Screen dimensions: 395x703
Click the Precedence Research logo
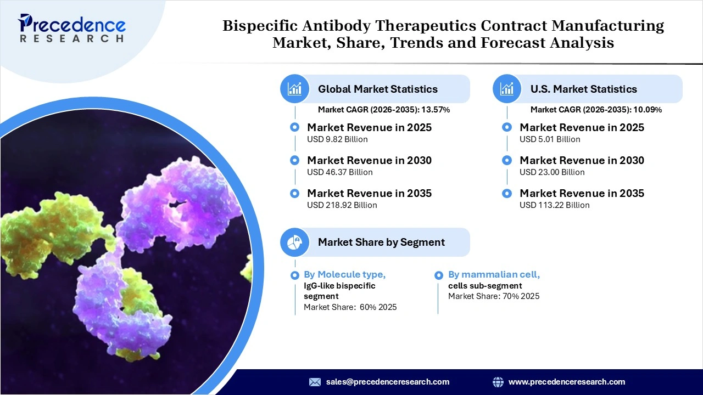(72, 28)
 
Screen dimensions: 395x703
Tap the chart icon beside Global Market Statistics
(295, 89)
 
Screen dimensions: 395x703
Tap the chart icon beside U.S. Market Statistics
(507, 89)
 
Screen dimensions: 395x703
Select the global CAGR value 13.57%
(436, 110)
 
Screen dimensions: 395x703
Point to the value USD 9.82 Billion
(337, 139)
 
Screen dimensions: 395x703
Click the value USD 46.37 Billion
(339, 172)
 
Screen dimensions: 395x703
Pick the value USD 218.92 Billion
(342, 205)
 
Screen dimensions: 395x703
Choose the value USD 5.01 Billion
(550, 139)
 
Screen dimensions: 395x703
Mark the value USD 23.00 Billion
(552, 172)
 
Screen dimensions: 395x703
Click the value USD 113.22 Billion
(554, 205)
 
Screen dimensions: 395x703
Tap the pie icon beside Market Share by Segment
(295, 242)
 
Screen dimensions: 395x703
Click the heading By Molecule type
(344, 274)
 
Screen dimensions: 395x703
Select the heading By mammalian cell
(494, 274)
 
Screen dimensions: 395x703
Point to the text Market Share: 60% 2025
(350, 307)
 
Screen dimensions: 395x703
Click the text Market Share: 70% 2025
(494, 296)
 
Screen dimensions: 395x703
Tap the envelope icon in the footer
(315, 382)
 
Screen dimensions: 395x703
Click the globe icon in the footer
(498, 382)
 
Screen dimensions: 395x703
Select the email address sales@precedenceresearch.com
(388, 382)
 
